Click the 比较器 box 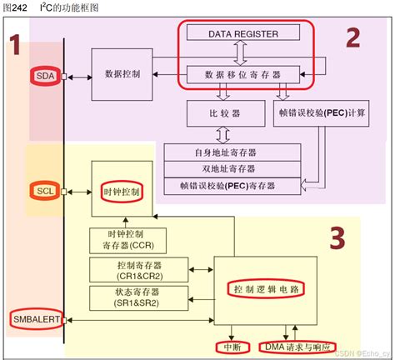(x=224, y=112)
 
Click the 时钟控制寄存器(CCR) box (x=122, y=240)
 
